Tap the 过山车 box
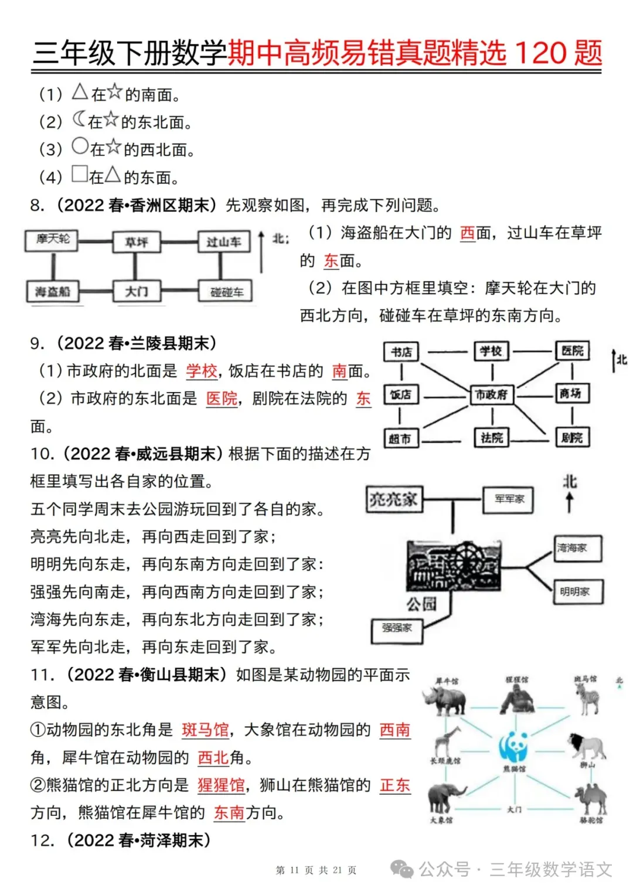pyautogui.click(x=223, y=242)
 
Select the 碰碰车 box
pyautogui.click(x=226, y=292)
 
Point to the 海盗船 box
pyautogui.click(x=53, y=291)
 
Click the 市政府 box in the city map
pyautogui.click(x=492, y=394)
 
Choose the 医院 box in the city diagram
pyautogui.click(x=572, y=350)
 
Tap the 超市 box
pyautogui.click(x=400, y=438)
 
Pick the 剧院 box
pyautogui.click(x=571, y=437)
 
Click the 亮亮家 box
pyautogui.click(x=393, y=499)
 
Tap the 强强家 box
pyautogui.click(x=397, y=628)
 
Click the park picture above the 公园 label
pyautogui.click(x=454, y=565)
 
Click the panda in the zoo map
pyautogui.click(x=514, y=746)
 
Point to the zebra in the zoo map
pyautogui.click(x=588, y=697)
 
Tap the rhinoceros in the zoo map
pyautogui.click(x=446, y=700)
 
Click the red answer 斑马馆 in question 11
pyautogui.click(x=205, y=730)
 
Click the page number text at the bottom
pyautogui.click(x=316, y=870)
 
